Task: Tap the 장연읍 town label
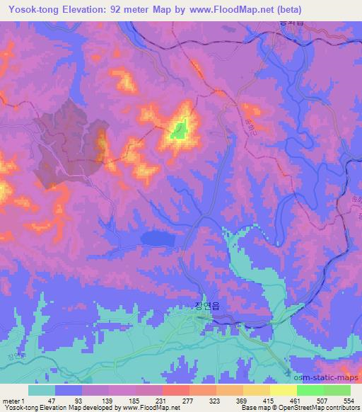[206, 307]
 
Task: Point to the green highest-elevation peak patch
[180, 130]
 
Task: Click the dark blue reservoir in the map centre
[158, 239]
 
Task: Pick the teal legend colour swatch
[42, 390]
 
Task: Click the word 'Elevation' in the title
[93, 9]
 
